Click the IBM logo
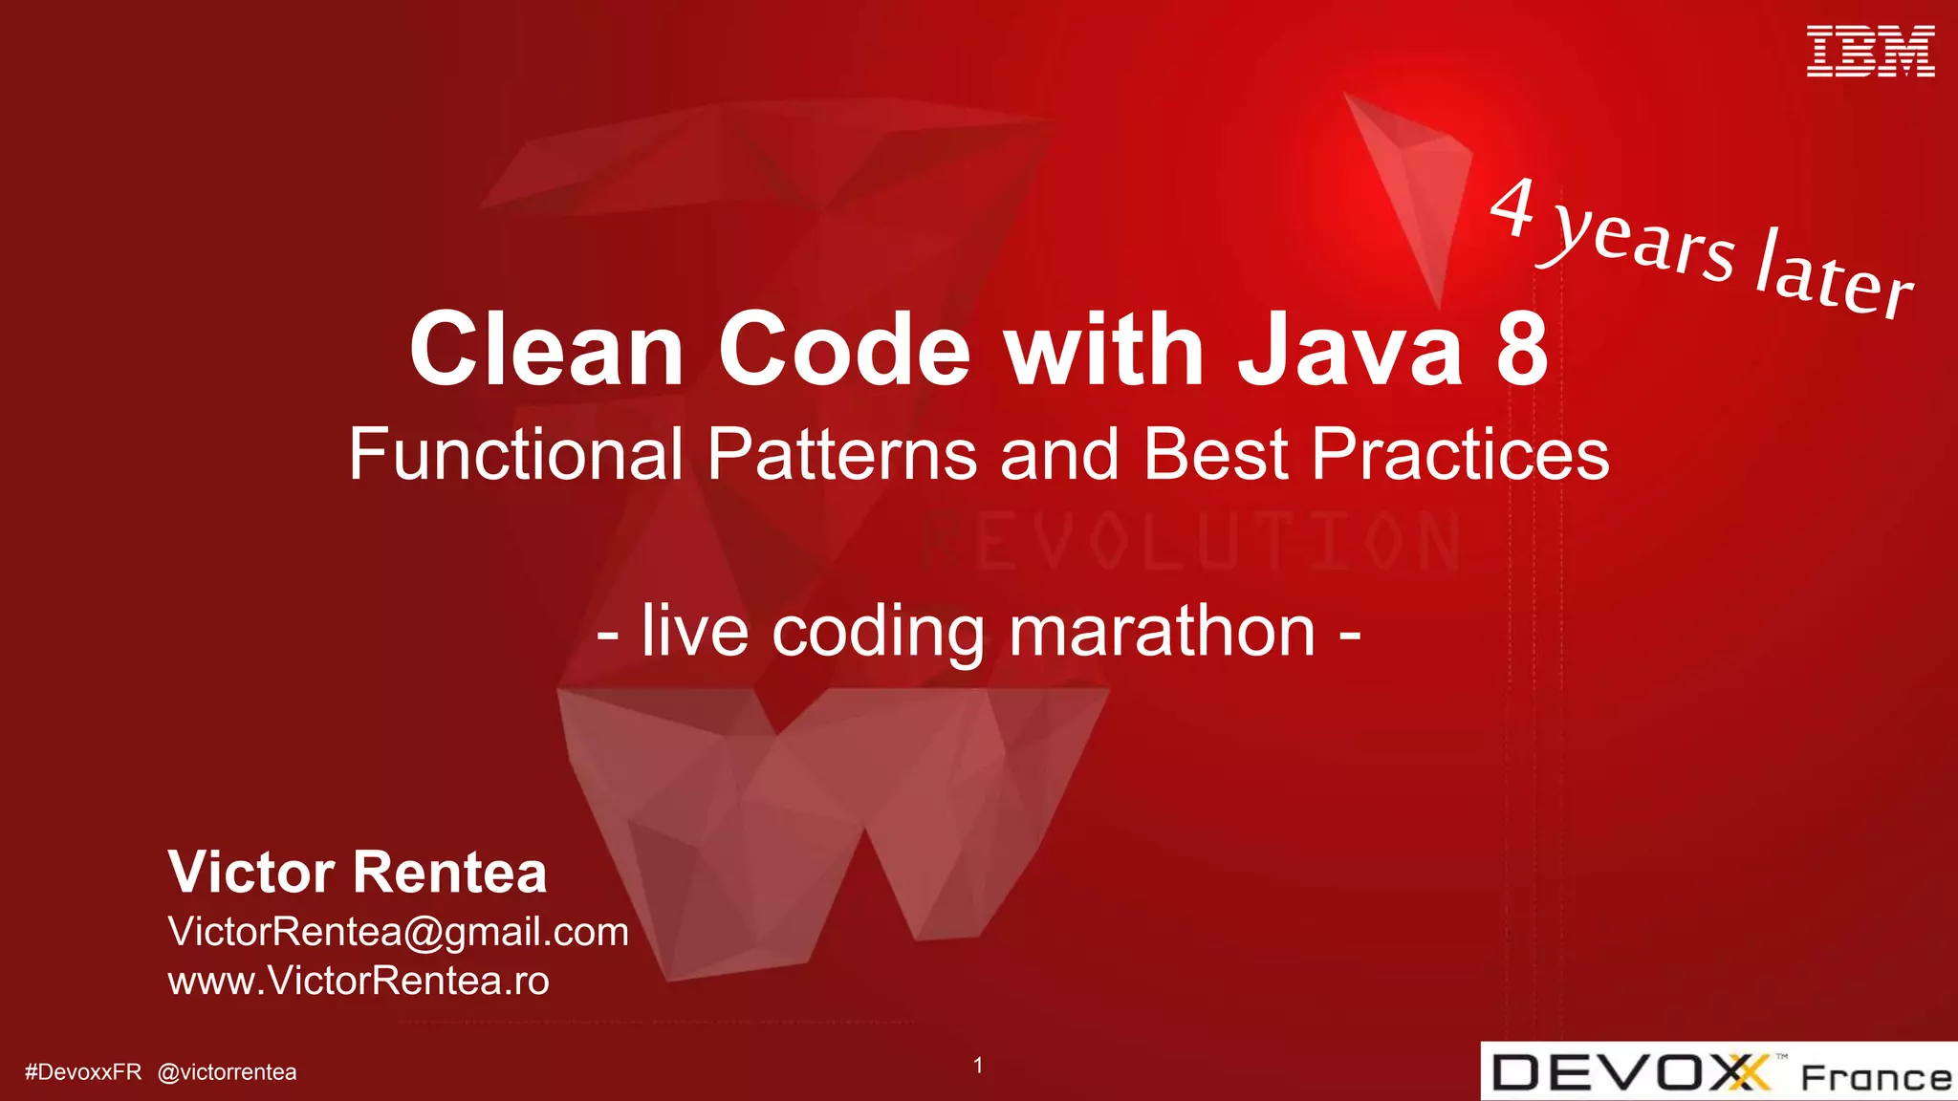click(x=1870, y=52)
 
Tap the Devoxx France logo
click(x=1719, y=1072)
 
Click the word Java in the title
click(x=1350, y=350)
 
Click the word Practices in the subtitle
click(x=1460, y=454)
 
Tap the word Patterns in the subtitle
click(x=841, y=454)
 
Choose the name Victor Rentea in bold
click(x=358, y=872)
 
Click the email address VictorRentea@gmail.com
click(x=398, y=932)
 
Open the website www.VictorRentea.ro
click(x=359, y=981)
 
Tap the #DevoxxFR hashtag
click(x=83, y=1072)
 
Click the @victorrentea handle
click(x=227, y=1072)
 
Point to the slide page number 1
click(x=978, y=1065)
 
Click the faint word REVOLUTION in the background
click(x=1190, y=543)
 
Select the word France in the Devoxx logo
click(x=1876, y=1078)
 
